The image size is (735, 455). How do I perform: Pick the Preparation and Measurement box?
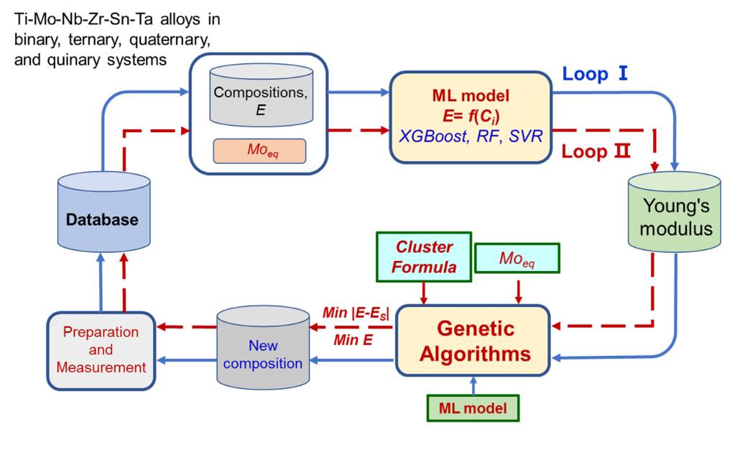point(101,350)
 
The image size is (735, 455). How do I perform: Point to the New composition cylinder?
point(262,351)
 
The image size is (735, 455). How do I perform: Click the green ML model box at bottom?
point(473,408)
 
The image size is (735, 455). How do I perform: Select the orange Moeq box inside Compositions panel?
point(259,151)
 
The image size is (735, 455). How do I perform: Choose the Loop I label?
point(596,73)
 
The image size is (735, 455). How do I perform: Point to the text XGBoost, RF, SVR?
point(471,135)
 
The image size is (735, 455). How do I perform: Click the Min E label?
point(353,340)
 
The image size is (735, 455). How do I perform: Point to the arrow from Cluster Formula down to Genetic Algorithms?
point(425,290)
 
